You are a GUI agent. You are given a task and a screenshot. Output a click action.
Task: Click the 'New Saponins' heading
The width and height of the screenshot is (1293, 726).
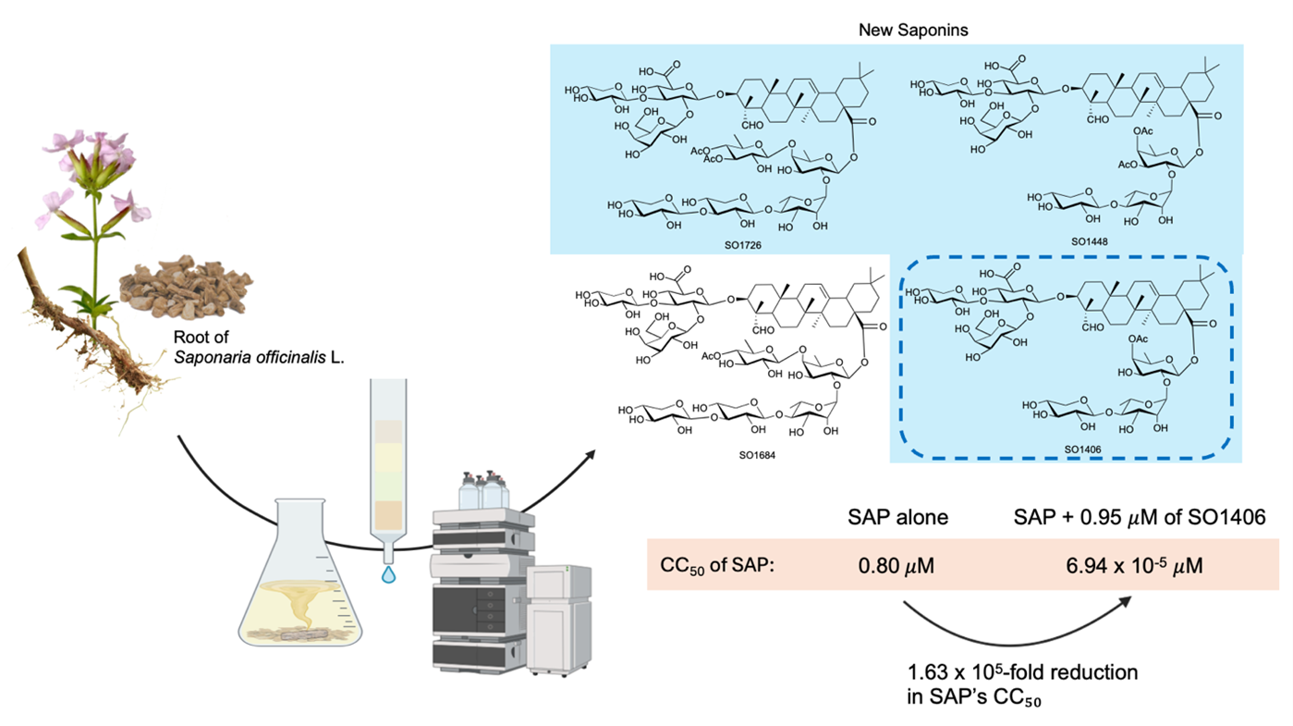[x=913, y=30]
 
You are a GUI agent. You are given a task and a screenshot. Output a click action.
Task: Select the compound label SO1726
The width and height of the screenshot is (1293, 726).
[x=743, y=245]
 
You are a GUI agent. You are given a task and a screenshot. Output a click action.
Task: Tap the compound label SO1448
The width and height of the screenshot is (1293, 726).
[x=1090, y=242]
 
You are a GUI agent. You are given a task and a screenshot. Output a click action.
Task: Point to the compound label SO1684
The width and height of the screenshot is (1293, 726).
[x=757, y=455]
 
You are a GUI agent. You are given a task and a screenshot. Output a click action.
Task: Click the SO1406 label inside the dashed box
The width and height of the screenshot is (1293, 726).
[x=1082, y=449]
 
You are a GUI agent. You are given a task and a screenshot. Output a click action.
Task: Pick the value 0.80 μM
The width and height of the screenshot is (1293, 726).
[x=896, y=565]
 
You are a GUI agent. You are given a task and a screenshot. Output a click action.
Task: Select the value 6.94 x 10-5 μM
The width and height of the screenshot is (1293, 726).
[x=1134, y=565]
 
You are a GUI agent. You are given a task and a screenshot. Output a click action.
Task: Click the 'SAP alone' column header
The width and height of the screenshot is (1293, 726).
[x=897, y=517]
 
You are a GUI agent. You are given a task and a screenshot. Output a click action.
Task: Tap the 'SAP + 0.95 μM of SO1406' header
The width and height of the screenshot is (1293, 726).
[x=1140, y=517]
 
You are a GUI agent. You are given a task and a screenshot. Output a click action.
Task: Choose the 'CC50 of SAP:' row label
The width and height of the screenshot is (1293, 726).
[x=717, y=566]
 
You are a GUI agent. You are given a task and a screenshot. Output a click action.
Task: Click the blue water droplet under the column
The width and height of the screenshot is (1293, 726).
[x=388, y=574]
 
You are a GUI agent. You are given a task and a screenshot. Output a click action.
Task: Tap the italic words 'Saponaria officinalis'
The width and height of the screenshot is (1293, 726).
[x=250, y=358]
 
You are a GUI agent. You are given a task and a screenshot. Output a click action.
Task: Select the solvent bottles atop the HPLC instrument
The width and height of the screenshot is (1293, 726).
[x=483, y=490]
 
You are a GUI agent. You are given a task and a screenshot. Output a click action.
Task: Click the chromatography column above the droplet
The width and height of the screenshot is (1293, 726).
[x=388, y=471]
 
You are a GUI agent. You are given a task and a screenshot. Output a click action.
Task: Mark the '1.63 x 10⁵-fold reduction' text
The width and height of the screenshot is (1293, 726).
[x=1023, y=672]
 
